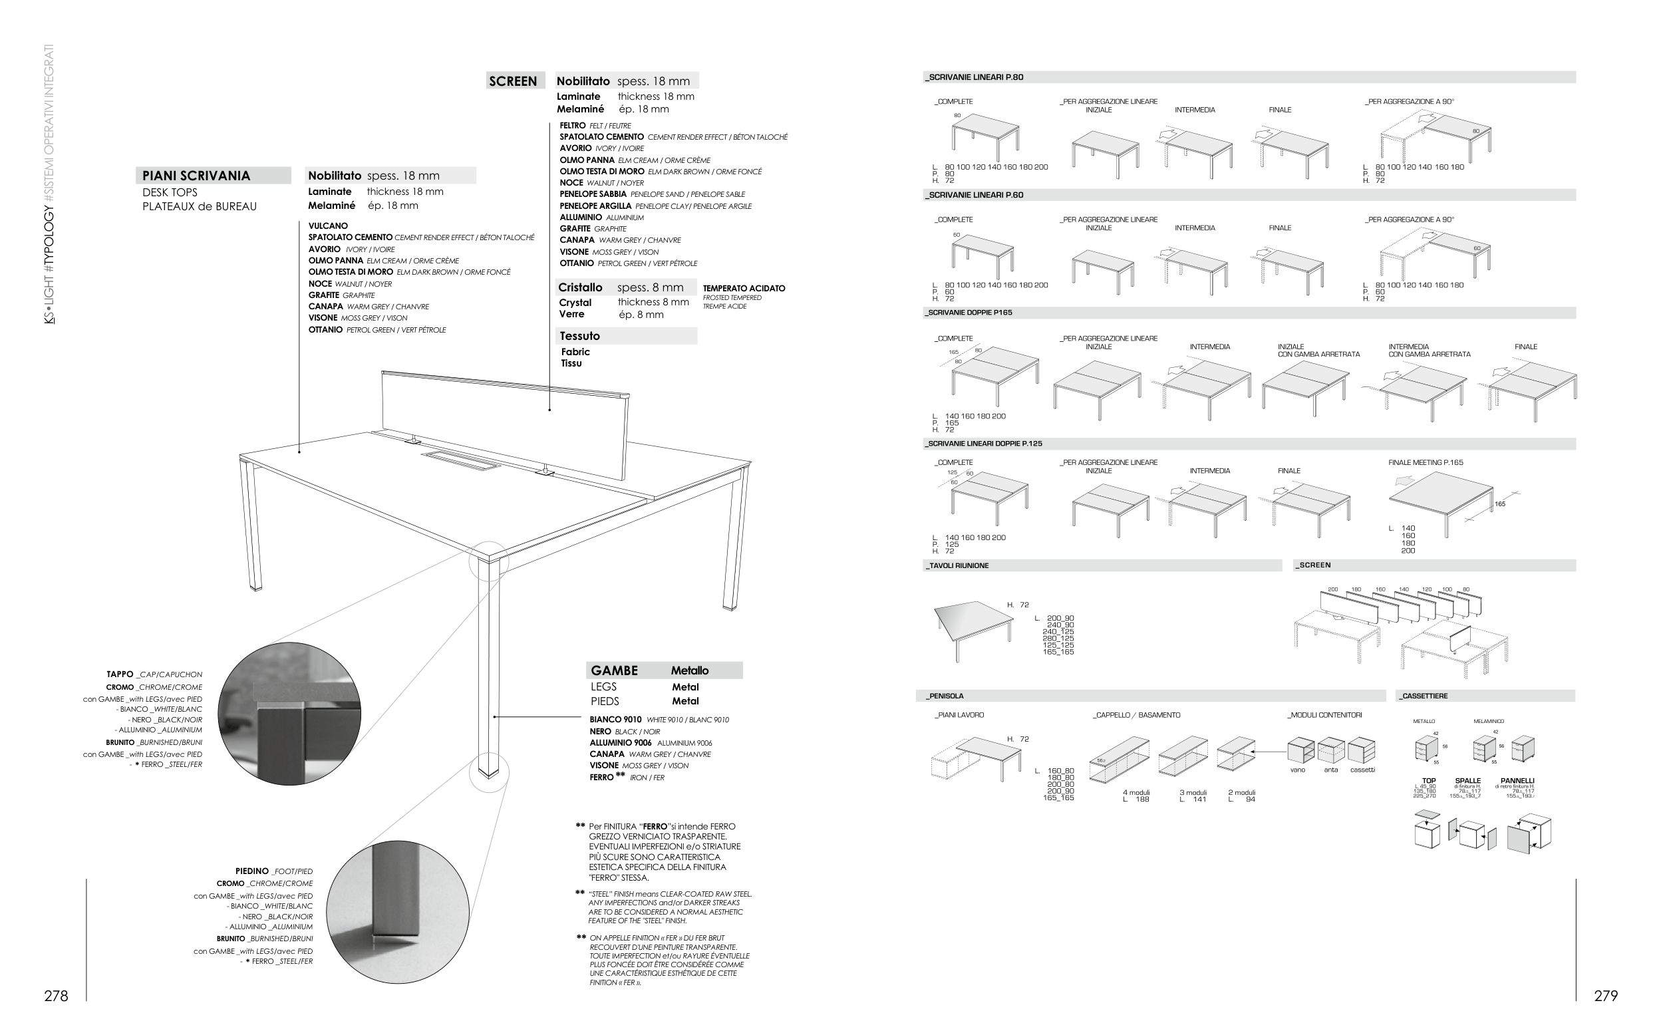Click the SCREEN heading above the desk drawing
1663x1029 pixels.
[x=512, y=81]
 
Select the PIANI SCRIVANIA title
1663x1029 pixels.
[x=196, y=176]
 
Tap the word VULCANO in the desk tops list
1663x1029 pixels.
[x=328, y=226]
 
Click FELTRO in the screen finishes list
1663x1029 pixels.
[x=572, y=126]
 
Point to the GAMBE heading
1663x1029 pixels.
[x=615, y=670]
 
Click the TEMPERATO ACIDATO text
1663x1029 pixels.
[x=744, y=289]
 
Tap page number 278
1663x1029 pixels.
[x=57, y=996]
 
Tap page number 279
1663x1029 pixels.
[x=1606, y=996]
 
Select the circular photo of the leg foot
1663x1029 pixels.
[x=397, y=911]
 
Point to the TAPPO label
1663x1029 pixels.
[x=120, y=674]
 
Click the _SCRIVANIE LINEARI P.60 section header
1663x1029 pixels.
[x=974, y=196]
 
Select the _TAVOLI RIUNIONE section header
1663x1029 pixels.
[x=957, y=565]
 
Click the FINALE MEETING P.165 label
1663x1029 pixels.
[x=1426, y=463]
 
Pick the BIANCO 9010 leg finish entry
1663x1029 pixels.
[x=615, y=719]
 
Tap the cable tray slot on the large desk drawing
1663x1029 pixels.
[x=461, y=460]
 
